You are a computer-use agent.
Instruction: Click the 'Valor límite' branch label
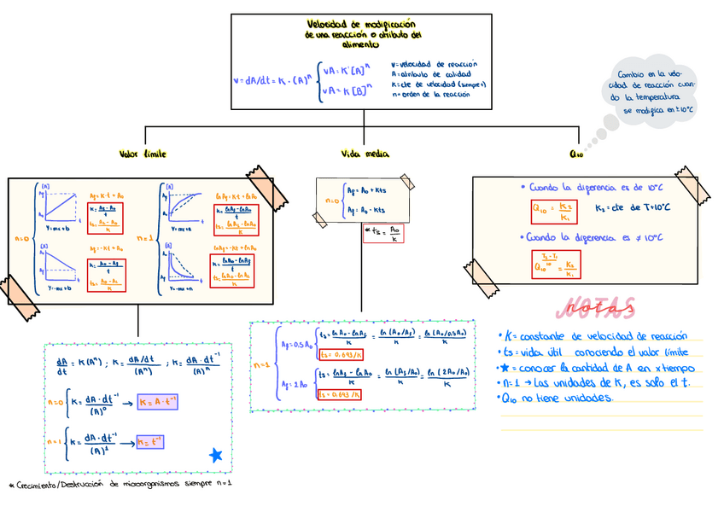click(143, 154)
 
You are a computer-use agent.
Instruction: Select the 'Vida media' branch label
click(365, 154)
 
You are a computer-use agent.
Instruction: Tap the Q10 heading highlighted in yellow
click(575, 154)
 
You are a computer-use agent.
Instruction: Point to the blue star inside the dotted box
click(216, 456)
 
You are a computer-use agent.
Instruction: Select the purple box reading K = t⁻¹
click(150, 441)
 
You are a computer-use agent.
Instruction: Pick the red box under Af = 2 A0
click(339, 394)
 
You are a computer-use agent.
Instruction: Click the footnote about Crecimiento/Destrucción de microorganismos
click(120, 484)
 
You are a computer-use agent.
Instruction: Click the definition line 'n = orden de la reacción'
click(430, 95)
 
